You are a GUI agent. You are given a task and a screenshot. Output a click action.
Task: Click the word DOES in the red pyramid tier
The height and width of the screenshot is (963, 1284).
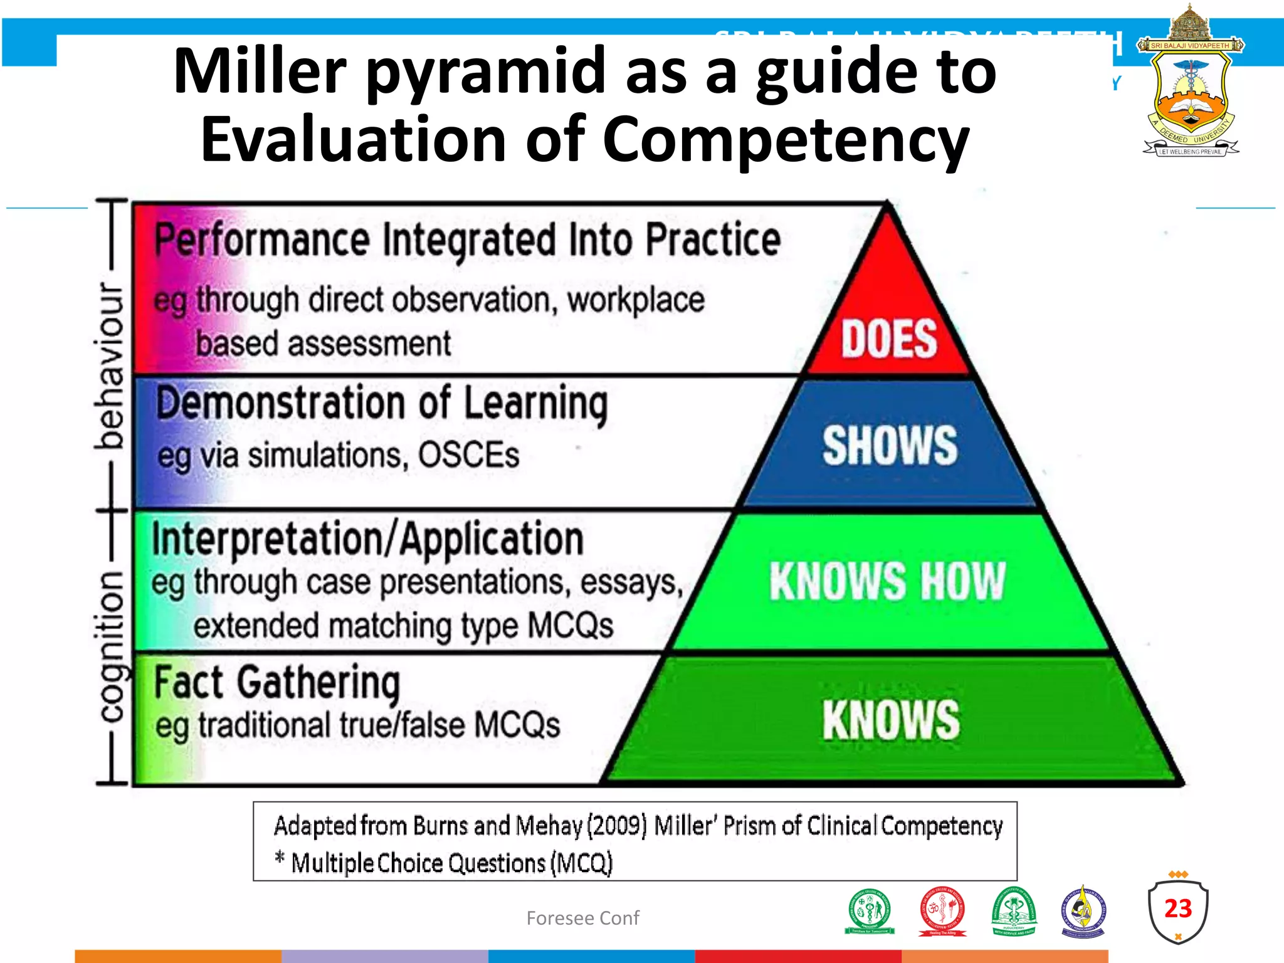pos(888,339)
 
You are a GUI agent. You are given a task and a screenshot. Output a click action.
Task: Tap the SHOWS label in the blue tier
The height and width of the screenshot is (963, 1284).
pos(890,446)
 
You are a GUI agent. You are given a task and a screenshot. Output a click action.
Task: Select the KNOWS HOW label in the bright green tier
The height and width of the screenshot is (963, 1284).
pos(887,581)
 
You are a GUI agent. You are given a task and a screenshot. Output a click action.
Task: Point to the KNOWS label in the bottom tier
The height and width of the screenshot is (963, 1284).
pos(890,720)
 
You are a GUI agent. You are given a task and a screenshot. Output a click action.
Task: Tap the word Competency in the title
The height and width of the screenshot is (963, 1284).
pos(786,140)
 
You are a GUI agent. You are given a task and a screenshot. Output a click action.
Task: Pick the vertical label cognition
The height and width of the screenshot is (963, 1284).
pos(112,646)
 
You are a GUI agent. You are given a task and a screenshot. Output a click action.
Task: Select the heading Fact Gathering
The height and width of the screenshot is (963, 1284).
pos(276,683)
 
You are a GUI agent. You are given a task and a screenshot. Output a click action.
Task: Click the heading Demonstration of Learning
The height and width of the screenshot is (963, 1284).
pos(382,403)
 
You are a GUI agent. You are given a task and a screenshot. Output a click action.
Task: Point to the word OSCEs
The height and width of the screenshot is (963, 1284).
pos(468,455)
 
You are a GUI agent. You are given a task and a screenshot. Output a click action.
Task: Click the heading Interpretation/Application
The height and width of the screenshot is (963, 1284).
pos(367,540)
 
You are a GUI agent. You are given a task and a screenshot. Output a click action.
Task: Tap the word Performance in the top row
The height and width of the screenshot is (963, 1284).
pos(262,239)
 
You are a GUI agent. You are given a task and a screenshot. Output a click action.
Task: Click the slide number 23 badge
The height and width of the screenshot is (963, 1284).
pos(1177,909)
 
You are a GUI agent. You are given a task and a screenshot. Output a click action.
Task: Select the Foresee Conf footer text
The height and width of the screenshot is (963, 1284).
pos(582,918)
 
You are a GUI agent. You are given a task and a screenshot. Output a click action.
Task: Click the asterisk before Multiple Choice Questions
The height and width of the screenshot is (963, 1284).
pos(280,858)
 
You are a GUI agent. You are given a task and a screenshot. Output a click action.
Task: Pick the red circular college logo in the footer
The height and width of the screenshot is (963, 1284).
pos(942,911)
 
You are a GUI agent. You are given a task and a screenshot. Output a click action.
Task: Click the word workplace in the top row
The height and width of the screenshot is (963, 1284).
pos(636,300)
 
